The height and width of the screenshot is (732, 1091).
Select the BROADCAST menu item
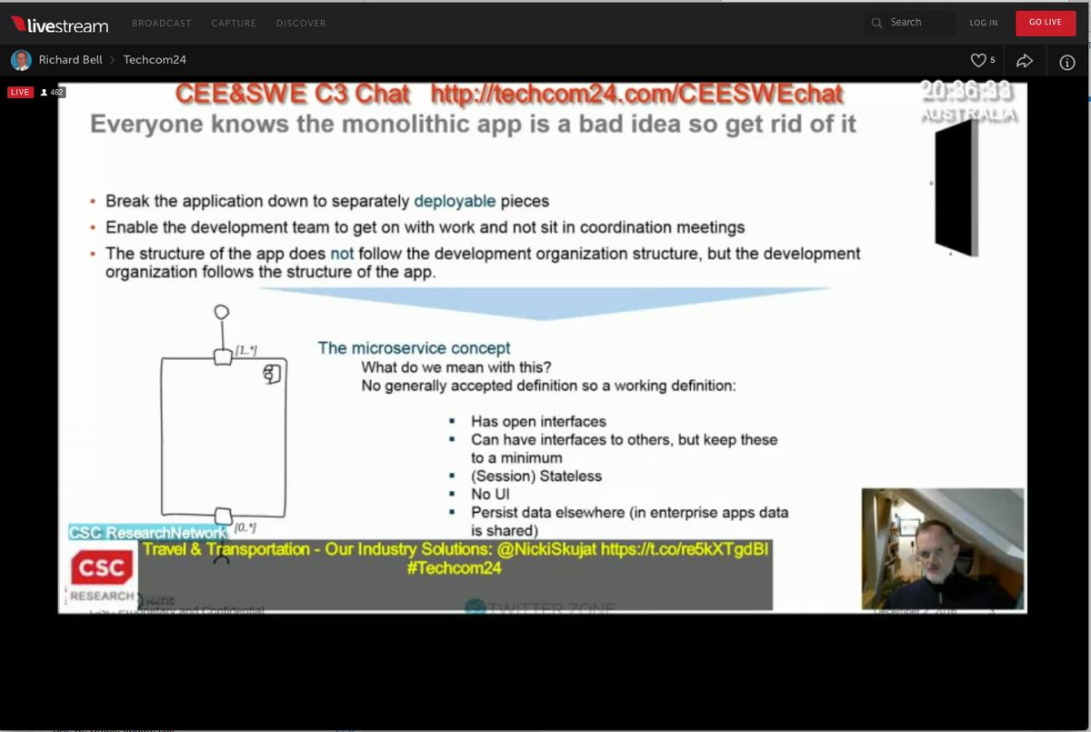pos(162,23)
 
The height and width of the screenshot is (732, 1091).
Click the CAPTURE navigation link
pos(234,23)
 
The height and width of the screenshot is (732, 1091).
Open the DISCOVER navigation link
pos(301,23)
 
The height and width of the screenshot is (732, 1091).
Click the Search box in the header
pos(909,23)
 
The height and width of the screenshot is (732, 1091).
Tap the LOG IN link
pos(983,23)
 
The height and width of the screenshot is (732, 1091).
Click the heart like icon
pos(978,61)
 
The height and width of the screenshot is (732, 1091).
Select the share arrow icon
pos(1025,61)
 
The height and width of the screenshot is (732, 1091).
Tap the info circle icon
pos(1067,62)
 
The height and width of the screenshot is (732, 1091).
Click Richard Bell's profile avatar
pos(21,61)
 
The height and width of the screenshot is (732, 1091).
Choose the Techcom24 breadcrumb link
pos(155,61)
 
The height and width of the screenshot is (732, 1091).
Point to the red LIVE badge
pos(20,93)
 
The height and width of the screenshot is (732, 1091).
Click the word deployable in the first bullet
pos(455,201)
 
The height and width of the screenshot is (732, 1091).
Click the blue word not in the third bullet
pos(342,254)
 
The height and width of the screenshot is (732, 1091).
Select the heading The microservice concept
pos(414,348)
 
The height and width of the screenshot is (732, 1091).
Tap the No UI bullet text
pos(491,494)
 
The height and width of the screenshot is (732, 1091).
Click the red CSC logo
pos(102,568)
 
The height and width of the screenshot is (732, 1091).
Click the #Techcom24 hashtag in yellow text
pos(455,568)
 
